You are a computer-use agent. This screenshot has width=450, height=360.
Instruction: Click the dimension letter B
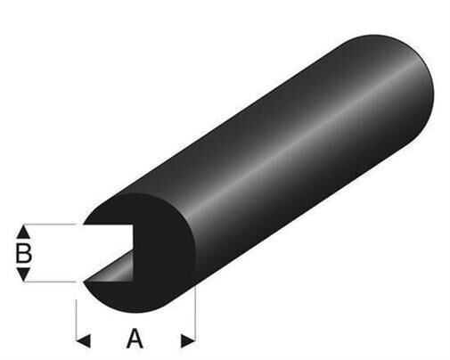coord(24,252)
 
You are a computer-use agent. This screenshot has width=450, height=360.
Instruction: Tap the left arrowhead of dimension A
coord(82,339)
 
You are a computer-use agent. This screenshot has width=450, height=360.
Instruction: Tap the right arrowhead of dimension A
coord(188,339)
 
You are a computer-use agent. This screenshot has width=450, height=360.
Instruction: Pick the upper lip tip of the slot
coord(86,224)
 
